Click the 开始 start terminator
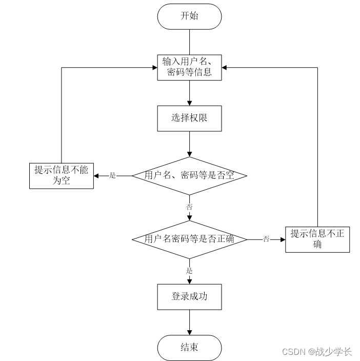coord(189,16)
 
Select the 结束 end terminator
coord(189,348)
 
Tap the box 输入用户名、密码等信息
coord(189,67)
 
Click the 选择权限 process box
coord(189,118)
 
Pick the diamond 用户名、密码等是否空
coord(189,175)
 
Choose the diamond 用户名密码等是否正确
coord(189,239)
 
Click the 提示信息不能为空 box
coord(62,175)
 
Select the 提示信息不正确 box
coord(317,239)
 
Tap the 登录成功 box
coord(189,296)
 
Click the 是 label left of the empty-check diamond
coord(113,175)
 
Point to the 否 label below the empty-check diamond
coord(189,207)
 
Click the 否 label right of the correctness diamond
coord(266,239)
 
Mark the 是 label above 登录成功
coord(189,270)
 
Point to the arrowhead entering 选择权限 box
coord(189,103)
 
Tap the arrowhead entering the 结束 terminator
coord(189,332)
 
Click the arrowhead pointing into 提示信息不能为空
coord(97,175)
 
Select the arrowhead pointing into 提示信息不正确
coord(282,239)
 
